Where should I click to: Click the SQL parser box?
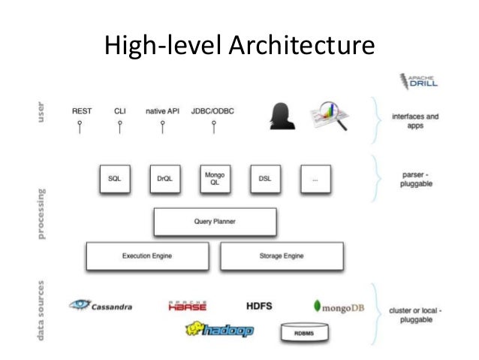pos(115,179)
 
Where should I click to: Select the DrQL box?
pos(164,179)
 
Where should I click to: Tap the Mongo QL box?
pos(215,179)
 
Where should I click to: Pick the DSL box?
pos(264,179)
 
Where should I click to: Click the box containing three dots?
pos(315,179)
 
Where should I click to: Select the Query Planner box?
pos(215,222)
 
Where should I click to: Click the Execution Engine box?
pos(147,256)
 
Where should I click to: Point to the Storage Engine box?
pos(282,256)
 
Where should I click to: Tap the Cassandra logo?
pos(101,305)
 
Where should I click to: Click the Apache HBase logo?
pos(188,306)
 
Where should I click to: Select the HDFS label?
pos(259,306)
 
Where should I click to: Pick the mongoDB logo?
pos(339,307)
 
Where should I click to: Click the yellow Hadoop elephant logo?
pos(219,329)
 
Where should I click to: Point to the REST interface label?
pos(82,111)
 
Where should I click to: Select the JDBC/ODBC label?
pos(213,111)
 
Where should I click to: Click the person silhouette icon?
pos(279,115)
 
